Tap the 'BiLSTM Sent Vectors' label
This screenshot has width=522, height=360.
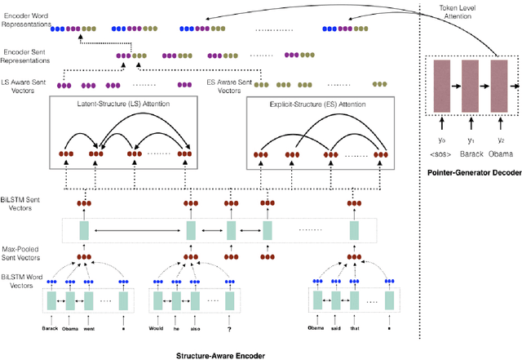(20, 211)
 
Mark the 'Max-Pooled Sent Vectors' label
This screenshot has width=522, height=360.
(23, 251)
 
